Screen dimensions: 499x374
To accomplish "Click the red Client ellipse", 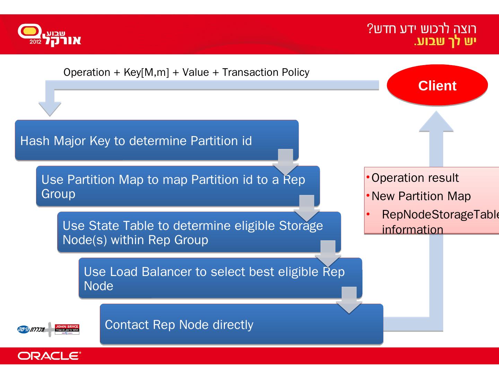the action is (x=437, y=85).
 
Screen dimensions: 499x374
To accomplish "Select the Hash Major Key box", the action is (x=156, y=140).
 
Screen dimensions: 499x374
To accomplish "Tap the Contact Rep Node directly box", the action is (x=241, y=324).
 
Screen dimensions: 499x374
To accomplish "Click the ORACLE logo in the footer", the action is (x=49, y=356).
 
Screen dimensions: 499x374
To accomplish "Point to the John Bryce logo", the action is (x=67, y=329).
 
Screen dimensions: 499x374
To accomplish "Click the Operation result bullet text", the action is (x=415, y=178).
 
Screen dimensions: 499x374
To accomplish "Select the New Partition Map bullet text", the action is (x=421, y=196).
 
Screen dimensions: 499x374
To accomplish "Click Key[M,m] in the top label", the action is (x=146, y=72).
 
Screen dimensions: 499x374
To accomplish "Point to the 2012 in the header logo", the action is (x=35, y=42).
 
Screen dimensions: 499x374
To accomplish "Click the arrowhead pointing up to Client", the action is (x=436, y=122).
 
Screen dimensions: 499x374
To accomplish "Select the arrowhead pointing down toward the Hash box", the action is (x=50, y=109).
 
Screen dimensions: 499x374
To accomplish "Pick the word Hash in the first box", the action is (x=35, y=141).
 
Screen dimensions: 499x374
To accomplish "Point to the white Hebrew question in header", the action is (x=422, y=28).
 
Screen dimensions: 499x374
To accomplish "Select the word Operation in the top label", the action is (x=87, y=72).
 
